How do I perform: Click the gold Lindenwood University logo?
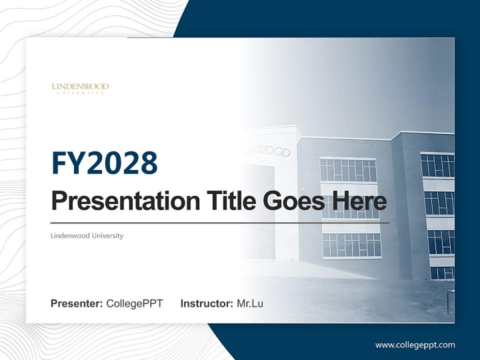[x=80, y=88]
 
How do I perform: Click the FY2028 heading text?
[x=104, y=163]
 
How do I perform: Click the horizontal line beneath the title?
[x=220, y=222]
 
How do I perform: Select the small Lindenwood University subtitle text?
[x=87, y=235]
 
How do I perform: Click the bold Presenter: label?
[x=77, y=303]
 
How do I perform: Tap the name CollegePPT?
[x=134, y=303]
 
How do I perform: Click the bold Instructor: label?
[x=206, y=303]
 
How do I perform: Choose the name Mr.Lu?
[x=250, y=303]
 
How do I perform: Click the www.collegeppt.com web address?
[x=415, y=344]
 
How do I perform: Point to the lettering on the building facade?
[x=265, y=150]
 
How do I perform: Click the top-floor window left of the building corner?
[x=348, y=170]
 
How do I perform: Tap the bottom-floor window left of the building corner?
[x=351, y=245]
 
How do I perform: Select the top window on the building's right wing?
[x=437, y=165]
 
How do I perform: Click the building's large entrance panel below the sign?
[x=260, y=210]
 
